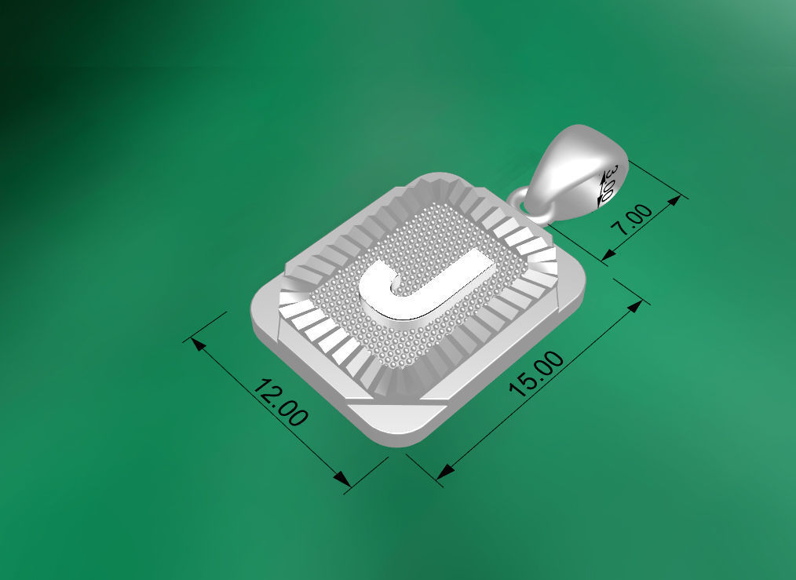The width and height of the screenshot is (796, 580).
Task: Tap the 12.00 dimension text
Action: [281, 403]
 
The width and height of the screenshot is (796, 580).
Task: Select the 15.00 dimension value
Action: [537, 375]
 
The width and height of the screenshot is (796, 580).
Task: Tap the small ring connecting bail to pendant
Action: [521, 196]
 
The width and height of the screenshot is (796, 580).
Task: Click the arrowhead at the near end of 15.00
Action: [444, 472]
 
